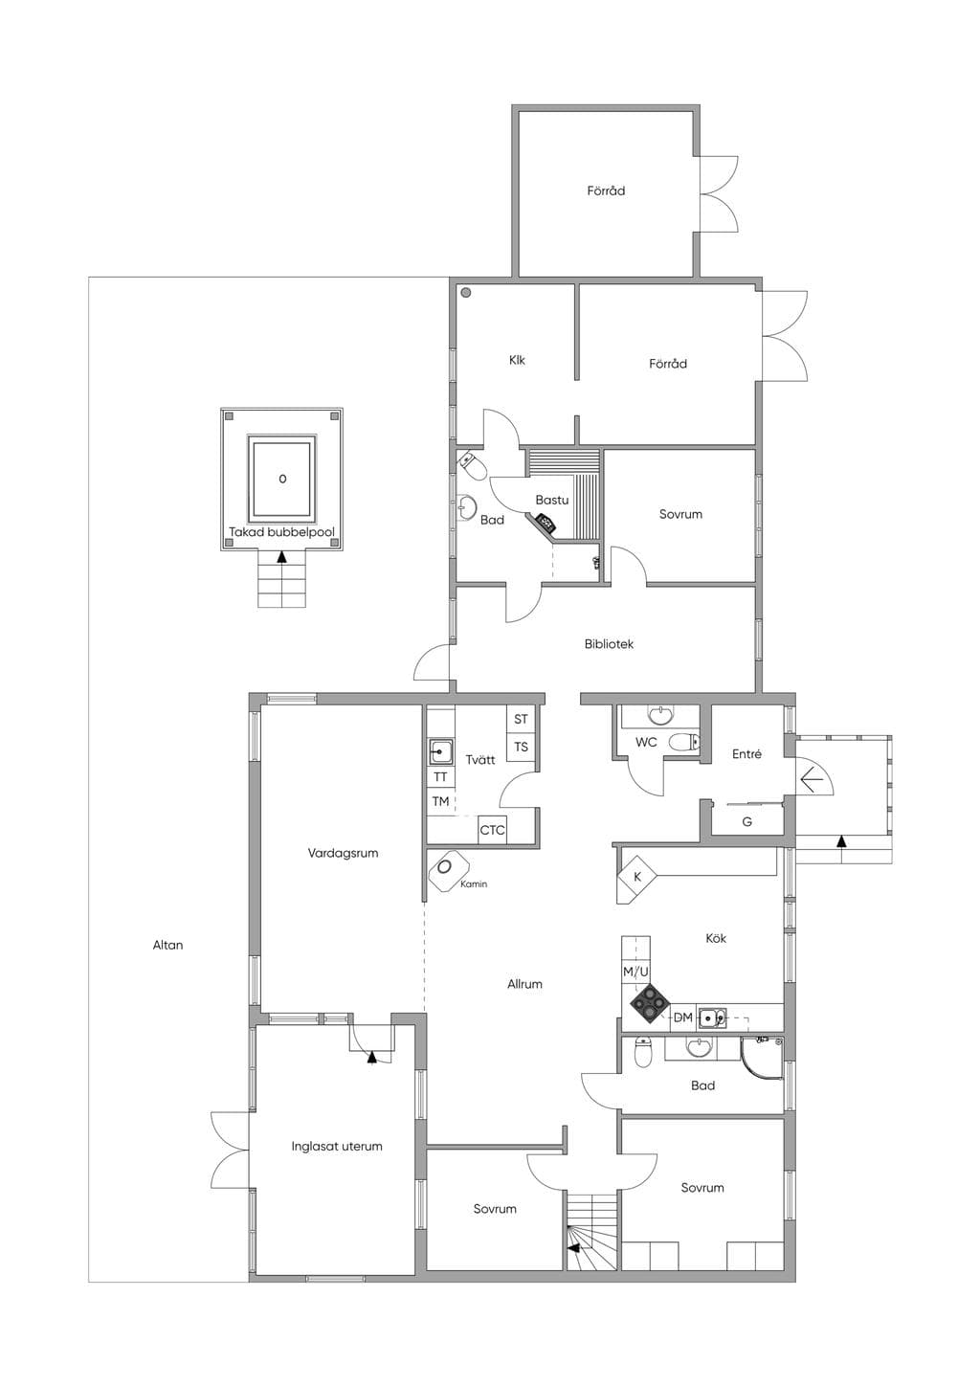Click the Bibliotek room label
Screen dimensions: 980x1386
[609, 644]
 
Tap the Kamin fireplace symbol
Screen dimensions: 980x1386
[445, 869]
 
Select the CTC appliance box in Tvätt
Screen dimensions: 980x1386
[493, 831]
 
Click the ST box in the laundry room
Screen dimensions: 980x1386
[521, 719]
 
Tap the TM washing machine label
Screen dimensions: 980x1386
[440, 801]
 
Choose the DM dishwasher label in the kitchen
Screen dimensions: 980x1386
[682, 1017]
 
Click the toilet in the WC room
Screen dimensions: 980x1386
[684, 741]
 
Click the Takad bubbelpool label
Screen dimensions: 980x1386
[281, 532]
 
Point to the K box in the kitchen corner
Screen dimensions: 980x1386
[637, 877]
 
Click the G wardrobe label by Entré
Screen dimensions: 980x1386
[746, 822]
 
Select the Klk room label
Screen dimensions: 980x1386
[517, 360]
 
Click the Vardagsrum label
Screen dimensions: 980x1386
[343, 853]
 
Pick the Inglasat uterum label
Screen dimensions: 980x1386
[337, 1147]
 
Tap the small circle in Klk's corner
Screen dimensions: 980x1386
[466, 292]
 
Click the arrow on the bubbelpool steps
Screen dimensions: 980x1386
[282, 556]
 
